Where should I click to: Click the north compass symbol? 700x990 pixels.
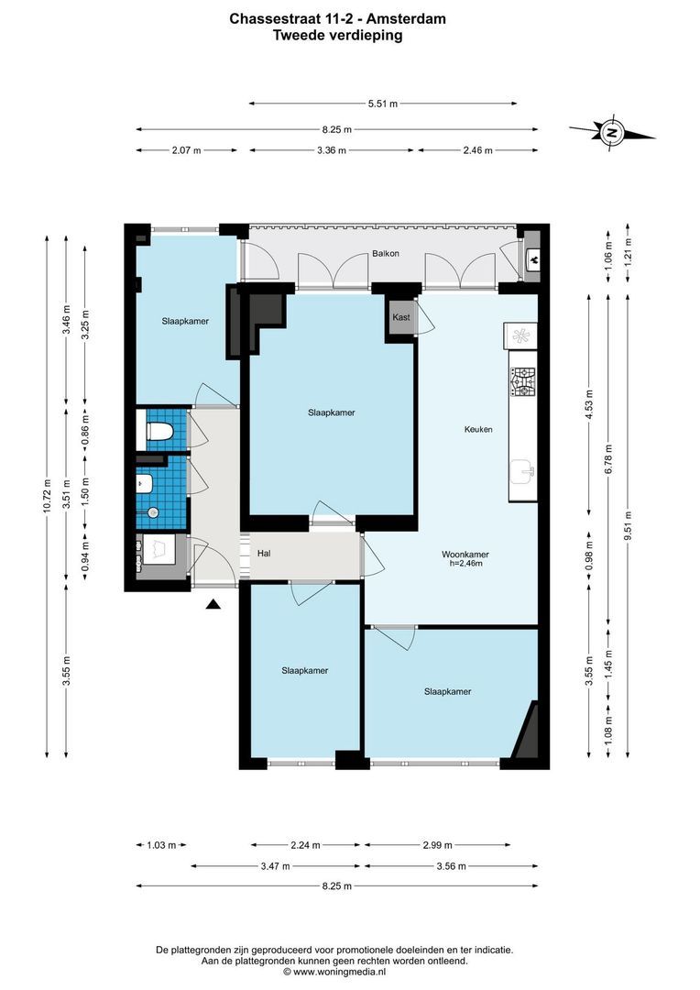[x=611, y=133]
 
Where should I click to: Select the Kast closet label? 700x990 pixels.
[x=400, y=317]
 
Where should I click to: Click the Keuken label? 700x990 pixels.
[x=478, y=429]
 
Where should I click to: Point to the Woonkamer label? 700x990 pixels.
[x=465, y=555]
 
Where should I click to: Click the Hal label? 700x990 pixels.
[x=264, y=554]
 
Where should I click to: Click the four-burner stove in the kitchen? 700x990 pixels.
[x=522, y=381]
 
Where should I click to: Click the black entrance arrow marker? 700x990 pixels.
[x=213, y=604]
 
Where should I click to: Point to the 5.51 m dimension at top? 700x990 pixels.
[x=382, y=104]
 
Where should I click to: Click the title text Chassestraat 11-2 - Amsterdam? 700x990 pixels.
[x=338, y=17]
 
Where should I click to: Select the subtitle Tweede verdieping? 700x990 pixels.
[x=338, y=36]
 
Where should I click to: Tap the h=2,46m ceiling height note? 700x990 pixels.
[x=465, y=564]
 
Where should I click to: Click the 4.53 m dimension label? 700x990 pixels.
[x=588, y=403]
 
